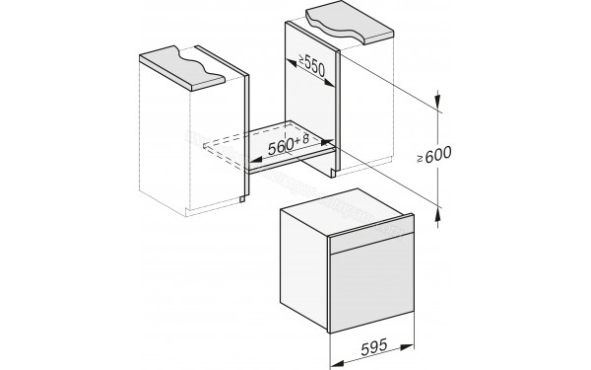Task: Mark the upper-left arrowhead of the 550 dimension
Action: click(289, 61)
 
